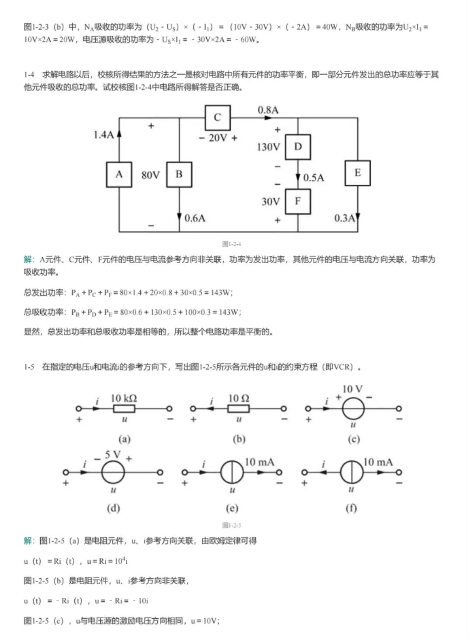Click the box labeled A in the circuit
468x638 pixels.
point(119,174)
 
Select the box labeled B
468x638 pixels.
point(179,174)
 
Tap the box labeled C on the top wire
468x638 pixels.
point(217,118)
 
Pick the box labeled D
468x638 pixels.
point(298,147)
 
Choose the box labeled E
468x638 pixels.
point(357,173)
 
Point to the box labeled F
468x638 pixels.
point(298,201)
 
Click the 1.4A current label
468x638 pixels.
point(103,135)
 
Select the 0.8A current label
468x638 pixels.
point(268,110)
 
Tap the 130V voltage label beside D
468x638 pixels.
point(268,147)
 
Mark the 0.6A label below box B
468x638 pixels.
point(195,218)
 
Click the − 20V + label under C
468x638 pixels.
point(218,138)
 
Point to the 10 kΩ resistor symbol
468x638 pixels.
point(124,409)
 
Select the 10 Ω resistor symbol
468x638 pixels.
point(239,409)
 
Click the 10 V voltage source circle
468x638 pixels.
point(353,409)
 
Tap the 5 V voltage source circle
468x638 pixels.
point(113,472)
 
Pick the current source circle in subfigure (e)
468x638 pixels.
point(232,472)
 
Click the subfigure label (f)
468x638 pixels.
point(351,508)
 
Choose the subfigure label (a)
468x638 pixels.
point(125,439)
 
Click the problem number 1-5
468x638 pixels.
point(29,367)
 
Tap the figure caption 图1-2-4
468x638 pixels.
point(232,244)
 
